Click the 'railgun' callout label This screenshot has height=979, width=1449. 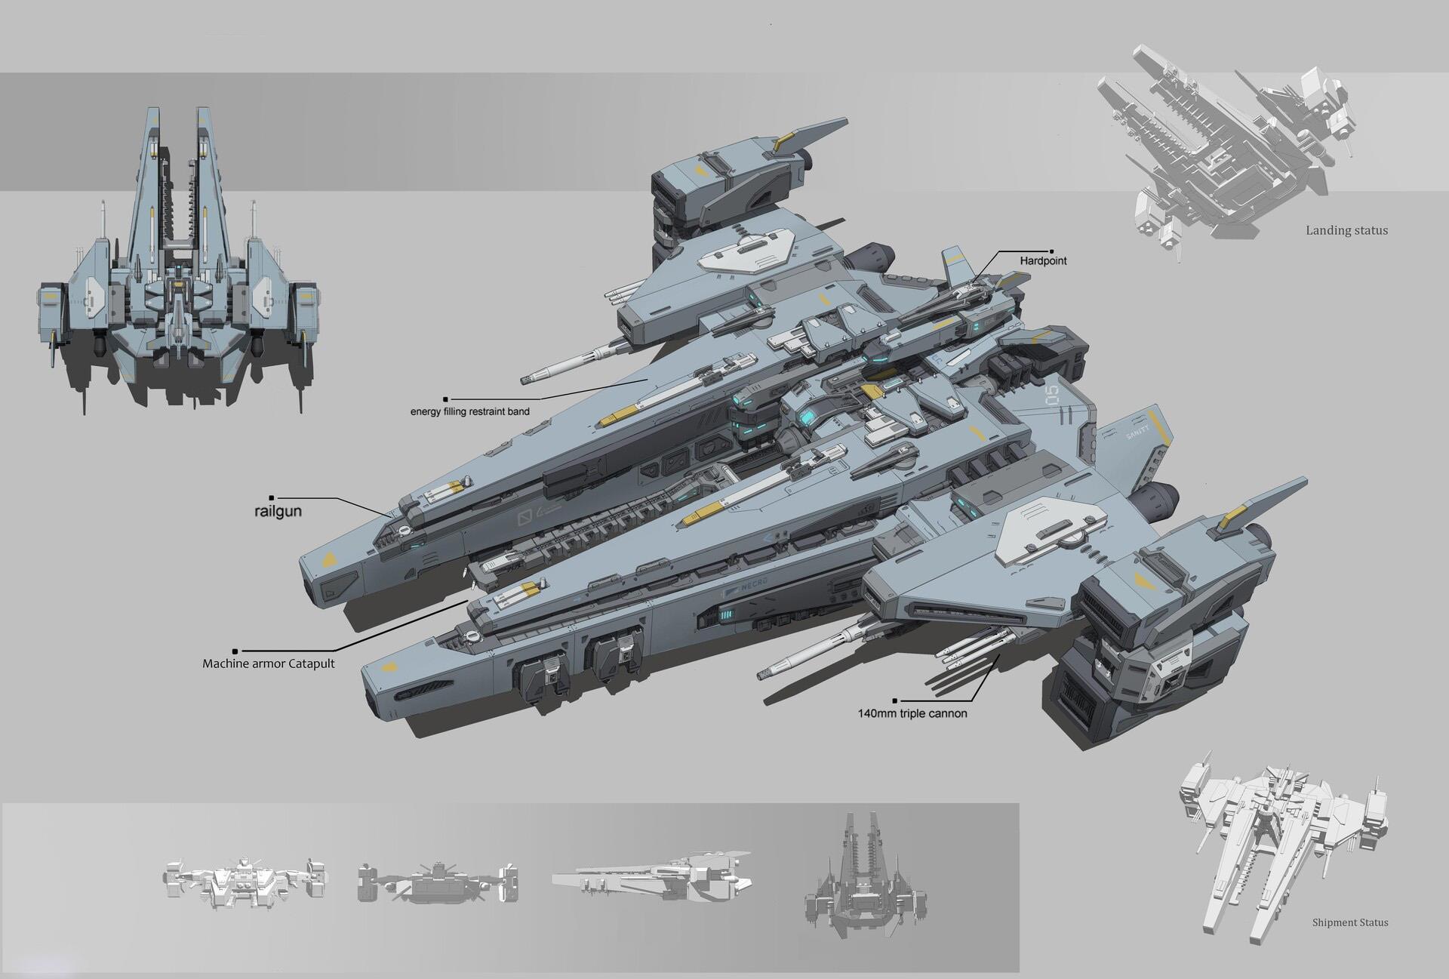click(x=278, y=511)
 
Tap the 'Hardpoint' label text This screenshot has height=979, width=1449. click(x=1043, y=261)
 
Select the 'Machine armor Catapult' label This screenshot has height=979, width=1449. click(x=268, y=664)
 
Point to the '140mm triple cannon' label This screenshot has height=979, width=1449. click(x=912, y=713)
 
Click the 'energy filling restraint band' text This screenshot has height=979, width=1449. click(x=469, y=412)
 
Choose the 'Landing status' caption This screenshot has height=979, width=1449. click(x=1346, y=231)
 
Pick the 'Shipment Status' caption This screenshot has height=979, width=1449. click(x=1349, y=922)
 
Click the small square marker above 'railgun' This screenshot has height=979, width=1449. click(x=271, y=498)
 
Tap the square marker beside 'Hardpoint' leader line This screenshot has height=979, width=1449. click(x=1053, y=251)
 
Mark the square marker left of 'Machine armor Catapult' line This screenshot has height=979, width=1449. click(x=235, y=651)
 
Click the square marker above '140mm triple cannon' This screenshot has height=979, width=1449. click(x=895, y=700)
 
